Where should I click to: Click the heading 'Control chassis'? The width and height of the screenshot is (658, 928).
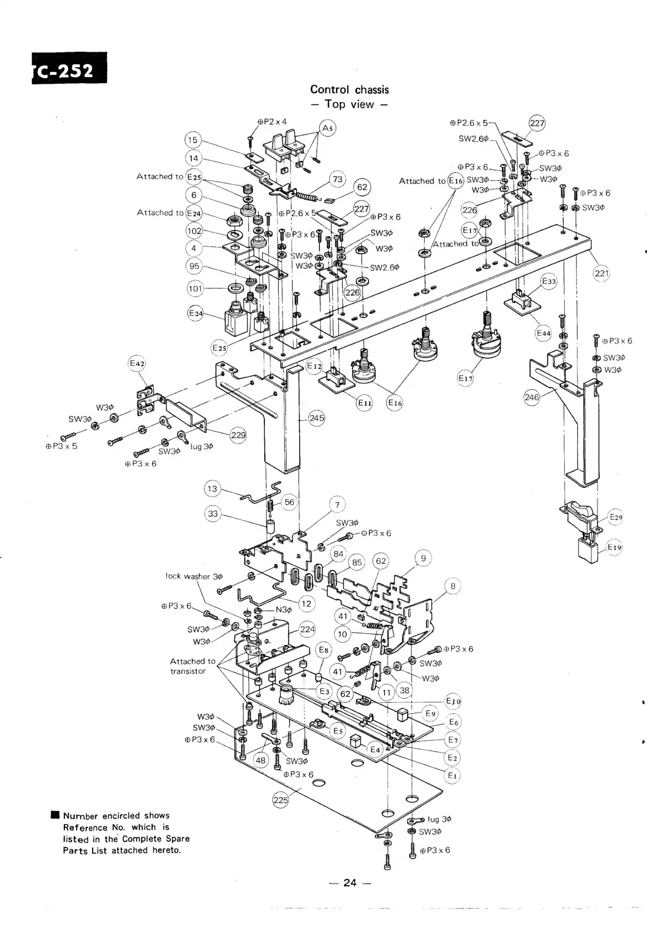(349, 89)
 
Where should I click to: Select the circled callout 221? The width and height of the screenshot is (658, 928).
(602, 273)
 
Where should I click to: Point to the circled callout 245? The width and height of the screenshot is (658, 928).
(317, 418)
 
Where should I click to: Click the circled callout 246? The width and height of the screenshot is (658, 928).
(532, 397)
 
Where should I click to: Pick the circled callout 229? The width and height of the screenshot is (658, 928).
(238, 435)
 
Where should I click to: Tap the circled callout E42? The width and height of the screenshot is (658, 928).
(137, 364)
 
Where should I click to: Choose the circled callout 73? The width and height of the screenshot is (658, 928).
(337, 179)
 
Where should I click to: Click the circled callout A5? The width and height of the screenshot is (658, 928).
(328, 128)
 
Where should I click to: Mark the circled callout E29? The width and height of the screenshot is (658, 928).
(616, 517)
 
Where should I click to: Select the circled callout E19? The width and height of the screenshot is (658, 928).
(614, 547)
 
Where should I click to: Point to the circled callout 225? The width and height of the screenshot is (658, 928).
(281, 800)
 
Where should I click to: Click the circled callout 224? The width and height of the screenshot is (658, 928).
(307, 629)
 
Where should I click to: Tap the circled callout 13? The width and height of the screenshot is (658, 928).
(212, 489)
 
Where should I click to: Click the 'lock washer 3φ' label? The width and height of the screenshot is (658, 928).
(194, 576)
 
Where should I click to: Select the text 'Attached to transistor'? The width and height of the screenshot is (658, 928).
(192, 666)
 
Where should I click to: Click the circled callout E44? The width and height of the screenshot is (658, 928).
(543, 333)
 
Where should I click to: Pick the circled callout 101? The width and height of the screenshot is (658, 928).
(195, 288)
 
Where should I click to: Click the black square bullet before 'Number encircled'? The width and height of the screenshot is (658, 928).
(54, 815)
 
